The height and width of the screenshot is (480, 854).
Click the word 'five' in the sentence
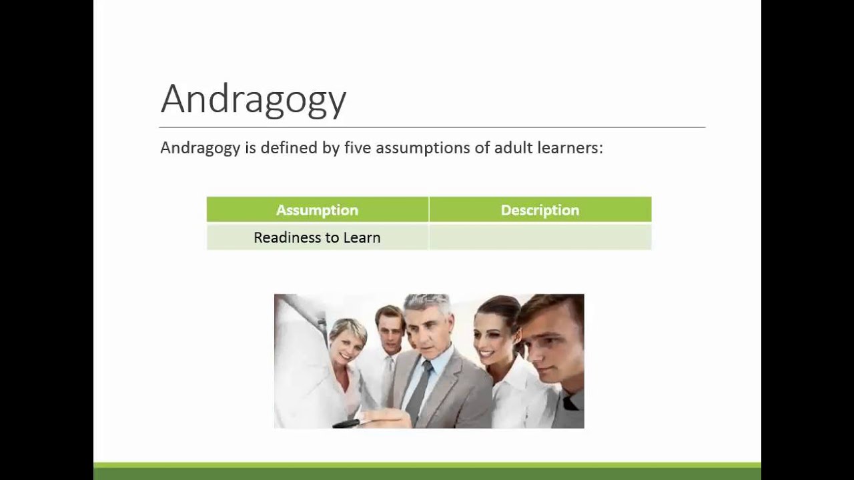click(358, 147)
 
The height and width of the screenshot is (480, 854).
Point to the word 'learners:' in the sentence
click(572, 147)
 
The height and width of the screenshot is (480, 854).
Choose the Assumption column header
click(317, 210)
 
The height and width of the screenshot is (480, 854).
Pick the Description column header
click(540, 210)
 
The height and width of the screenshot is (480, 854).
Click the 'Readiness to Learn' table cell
click(317, 237)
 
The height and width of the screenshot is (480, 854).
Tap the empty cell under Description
click(540, 237)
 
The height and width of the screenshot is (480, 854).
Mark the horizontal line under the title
click(432, 127)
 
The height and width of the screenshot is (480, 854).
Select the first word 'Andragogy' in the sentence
click(200, 147)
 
